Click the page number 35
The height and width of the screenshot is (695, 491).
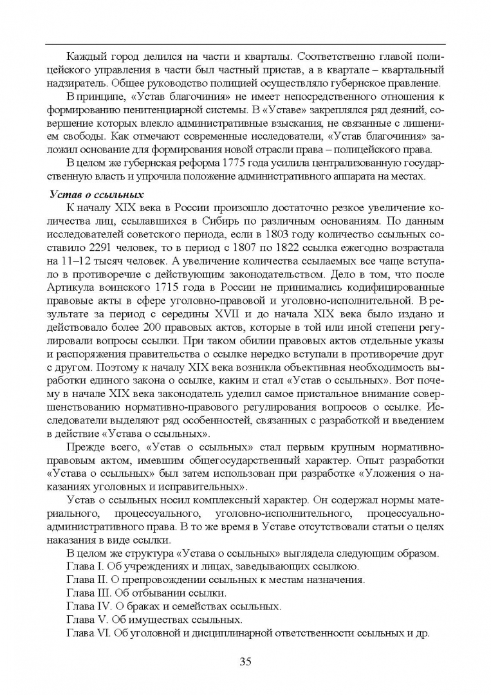pyautogui.click(x=245, y=661)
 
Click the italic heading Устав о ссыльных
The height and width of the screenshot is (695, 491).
pyautogui.click(x=96, y=194)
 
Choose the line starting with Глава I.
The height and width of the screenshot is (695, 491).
pyautogui.click(x=212, y=566)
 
